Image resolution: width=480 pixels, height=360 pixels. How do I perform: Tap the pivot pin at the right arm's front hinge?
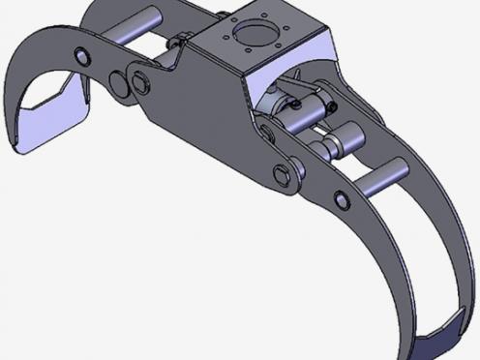[x=283, y=174]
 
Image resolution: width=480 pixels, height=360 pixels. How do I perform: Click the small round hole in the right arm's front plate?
[x=342, y=200]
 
